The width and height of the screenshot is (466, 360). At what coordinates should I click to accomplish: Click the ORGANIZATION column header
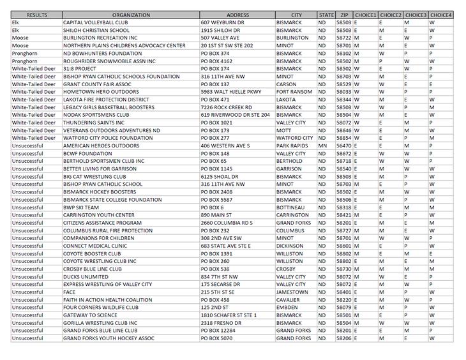tap(130, 15)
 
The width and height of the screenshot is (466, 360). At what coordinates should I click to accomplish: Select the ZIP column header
tap(344, 15)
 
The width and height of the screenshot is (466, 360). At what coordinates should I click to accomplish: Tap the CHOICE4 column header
tap(440, 15)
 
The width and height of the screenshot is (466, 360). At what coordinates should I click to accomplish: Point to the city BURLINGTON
tap(292, 38)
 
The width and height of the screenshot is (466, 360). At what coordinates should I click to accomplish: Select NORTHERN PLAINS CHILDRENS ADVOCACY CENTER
tap(124, 45)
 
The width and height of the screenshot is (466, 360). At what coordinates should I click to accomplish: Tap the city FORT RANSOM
tap(294, 92)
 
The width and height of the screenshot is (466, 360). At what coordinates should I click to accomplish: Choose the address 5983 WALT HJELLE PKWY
tap(231, 92)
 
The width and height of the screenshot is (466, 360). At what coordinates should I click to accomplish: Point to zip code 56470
tap(343, 146)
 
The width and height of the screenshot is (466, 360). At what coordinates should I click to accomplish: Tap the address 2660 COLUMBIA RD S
tap(227, 223)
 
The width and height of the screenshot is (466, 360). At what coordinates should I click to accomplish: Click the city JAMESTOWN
tap(292, 292)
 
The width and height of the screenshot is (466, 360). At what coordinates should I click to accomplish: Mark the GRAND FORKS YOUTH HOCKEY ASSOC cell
tap(109, 338)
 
